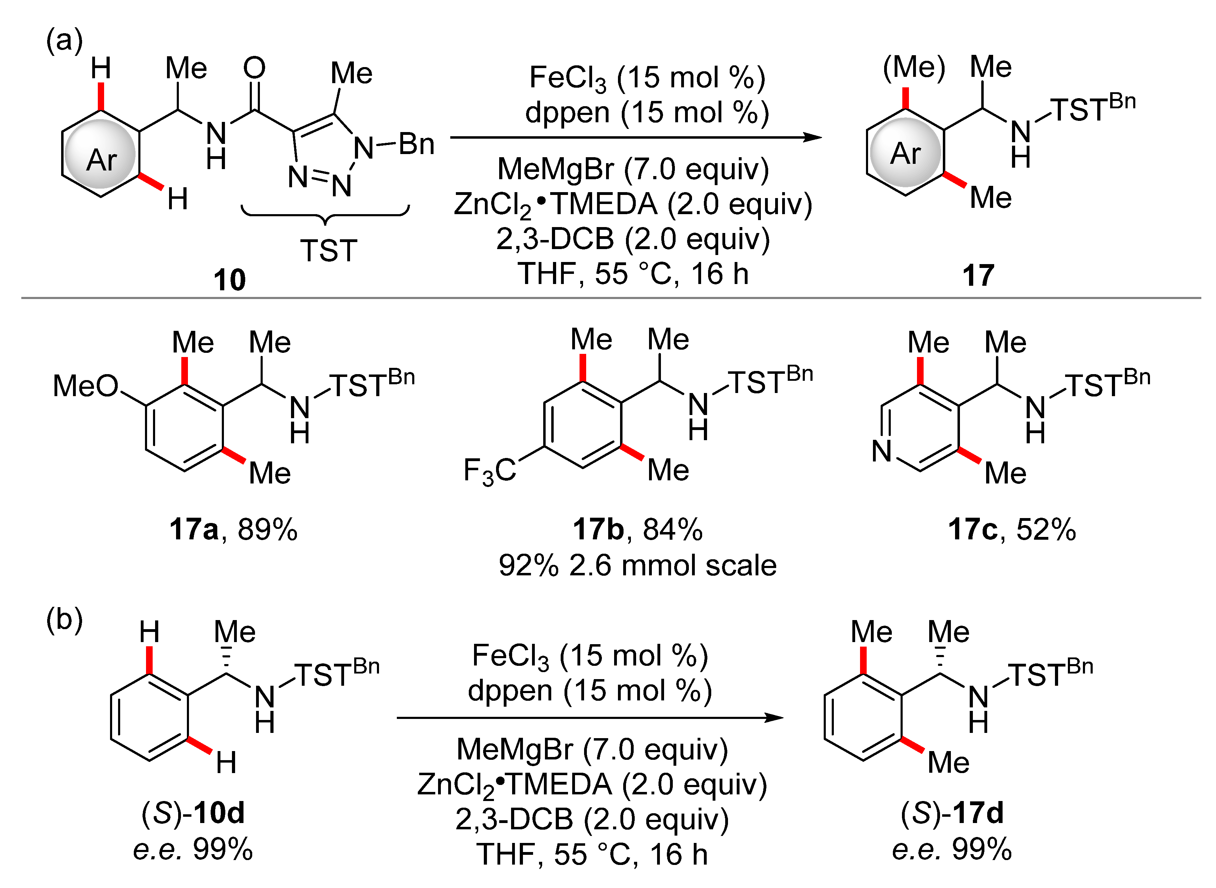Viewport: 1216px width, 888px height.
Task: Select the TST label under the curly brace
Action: [x=328, y=250]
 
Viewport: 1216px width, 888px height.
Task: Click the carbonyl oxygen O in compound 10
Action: [x=254, y=68]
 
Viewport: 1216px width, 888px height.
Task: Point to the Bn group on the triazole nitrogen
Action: [x=417, y=144]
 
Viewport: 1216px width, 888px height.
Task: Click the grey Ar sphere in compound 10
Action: [x=101, y=154]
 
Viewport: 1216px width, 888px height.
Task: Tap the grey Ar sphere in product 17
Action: [x=905, y=153]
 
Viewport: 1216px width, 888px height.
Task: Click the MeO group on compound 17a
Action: [x=86, y=386]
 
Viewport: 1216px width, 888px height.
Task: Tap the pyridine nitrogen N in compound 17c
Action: [x=882, y=450]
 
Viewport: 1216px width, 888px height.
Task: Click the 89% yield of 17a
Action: [x=267, y=530]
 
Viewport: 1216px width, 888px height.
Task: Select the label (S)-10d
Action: [x=192, y=813]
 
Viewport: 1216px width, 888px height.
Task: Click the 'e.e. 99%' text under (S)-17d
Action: [x=952, y=849]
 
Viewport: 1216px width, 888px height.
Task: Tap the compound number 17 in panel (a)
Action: [x=978, y=276]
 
